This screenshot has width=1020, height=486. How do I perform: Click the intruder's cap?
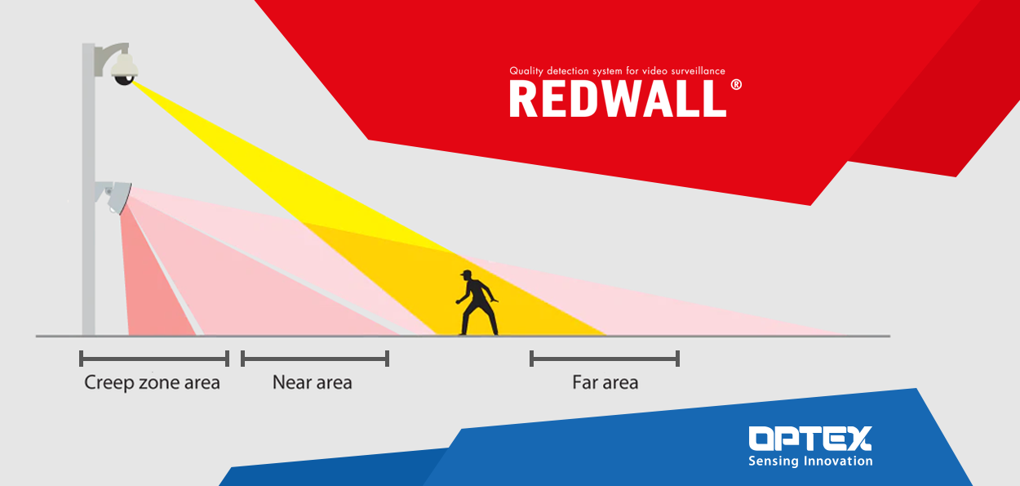point(466,274)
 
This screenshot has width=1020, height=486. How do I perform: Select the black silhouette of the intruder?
point(477,303)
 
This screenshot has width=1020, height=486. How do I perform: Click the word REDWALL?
point(618,99)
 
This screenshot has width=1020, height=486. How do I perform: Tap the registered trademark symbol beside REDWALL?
point(736,85)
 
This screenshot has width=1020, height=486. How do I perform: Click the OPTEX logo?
point(810,438)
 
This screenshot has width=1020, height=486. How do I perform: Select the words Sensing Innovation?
point(810,461)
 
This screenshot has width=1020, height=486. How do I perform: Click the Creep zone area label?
point(152,382)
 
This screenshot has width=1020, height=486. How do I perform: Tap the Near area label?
point(313,382)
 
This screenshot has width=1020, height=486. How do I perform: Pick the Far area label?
point(605,382)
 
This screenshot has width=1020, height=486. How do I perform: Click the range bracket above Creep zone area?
point(154,359)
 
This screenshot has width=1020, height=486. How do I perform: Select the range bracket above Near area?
point(315,359)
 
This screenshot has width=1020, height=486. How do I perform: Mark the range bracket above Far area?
point(605,359)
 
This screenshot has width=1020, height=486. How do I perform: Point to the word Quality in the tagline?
point(526,71)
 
